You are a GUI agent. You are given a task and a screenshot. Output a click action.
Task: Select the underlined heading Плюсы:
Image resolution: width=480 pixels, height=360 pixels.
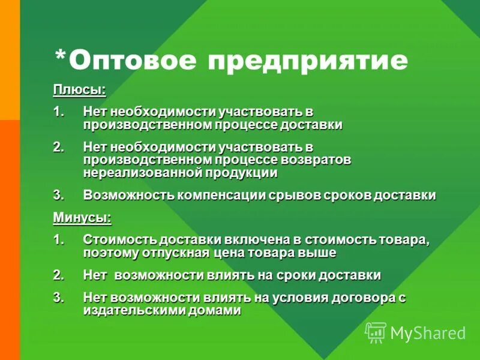79,90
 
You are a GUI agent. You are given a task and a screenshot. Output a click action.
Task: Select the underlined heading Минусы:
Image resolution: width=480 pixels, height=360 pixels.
82,217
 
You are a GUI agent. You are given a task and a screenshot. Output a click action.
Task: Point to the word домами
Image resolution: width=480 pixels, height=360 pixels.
213,310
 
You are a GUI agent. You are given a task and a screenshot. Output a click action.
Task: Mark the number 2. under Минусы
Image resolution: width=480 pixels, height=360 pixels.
58,275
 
